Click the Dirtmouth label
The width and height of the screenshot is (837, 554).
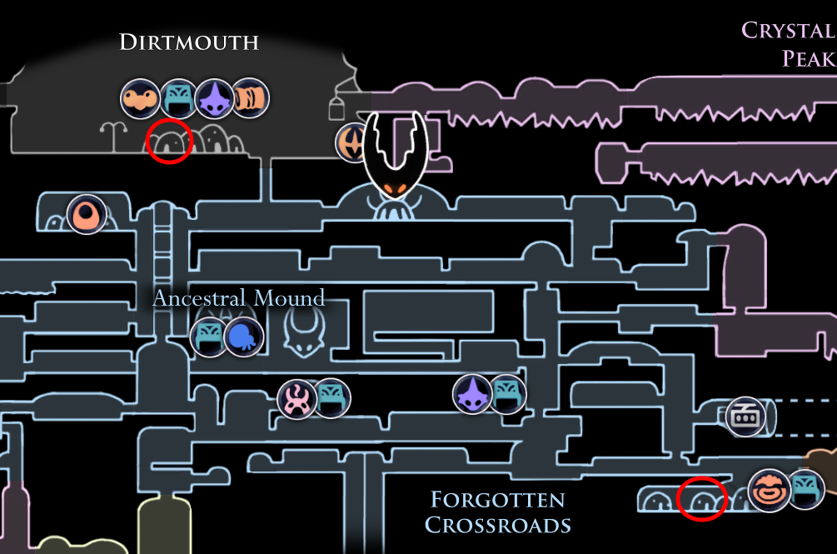coord(189,42)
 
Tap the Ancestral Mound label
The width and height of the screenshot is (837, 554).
coord(239,297)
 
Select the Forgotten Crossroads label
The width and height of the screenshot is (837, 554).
coord(498,512)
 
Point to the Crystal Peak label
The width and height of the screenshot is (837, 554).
coord(789,44)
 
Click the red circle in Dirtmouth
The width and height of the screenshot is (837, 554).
coord(169,141)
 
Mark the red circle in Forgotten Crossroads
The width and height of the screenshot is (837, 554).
coord(702,498)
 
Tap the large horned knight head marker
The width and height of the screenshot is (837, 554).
coord(395,155)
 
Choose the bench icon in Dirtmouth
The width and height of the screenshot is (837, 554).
coord(178,99)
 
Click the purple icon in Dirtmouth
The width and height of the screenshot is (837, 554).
coord(215,99)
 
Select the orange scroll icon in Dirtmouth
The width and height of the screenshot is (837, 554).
coord(250,97)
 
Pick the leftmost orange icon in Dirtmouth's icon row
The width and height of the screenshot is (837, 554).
coord(140,99)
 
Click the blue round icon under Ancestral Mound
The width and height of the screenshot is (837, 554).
coord(244,337)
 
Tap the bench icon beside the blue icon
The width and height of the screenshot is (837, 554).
coord(209,337)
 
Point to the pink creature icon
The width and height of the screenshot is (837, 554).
coord(296,399)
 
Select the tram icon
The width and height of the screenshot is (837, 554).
coord(745,417)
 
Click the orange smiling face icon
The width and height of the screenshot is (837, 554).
coord(769,491)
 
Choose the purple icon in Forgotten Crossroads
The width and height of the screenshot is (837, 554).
coord(472,395)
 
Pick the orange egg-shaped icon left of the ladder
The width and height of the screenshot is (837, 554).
coord(87,215)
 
